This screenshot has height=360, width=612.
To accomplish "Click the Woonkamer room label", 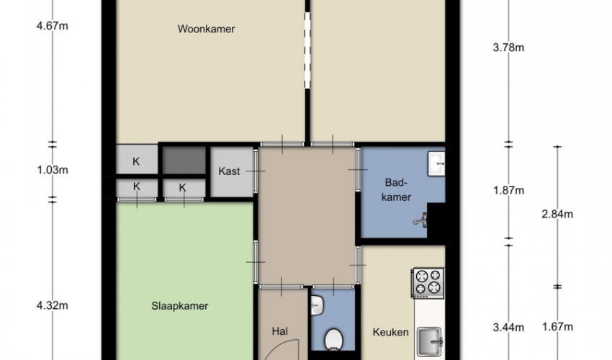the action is pos(206,29).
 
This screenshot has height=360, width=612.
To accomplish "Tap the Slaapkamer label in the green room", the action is pos(179,306).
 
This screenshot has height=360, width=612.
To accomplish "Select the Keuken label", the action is pos(391,332).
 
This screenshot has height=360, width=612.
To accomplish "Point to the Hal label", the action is pos(280,331).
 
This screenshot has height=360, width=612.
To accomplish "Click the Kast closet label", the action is pos(229,171).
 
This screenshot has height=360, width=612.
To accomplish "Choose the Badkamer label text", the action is pos(396,190).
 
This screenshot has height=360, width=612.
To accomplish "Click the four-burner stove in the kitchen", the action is pos(428,283).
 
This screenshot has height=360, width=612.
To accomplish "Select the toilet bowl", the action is pos(333,339).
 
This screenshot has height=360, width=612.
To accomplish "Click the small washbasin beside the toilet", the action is pos(317,305).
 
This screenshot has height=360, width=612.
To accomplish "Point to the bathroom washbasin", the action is pos(436,163).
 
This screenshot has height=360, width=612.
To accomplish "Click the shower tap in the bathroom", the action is pos(420,220).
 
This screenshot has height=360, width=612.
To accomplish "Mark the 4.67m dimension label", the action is pos(52,26).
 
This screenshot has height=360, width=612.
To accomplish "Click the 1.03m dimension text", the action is pos(53,170).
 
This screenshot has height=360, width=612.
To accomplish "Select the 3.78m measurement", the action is pos(508,48).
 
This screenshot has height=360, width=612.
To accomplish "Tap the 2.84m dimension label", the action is pos(557,214).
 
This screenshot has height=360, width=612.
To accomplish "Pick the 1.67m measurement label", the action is pos(557,327).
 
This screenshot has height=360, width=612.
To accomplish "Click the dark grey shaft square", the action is pos(184,160).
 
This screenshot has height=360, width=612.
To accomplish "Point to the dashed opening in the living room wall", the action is pos(307,50).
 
